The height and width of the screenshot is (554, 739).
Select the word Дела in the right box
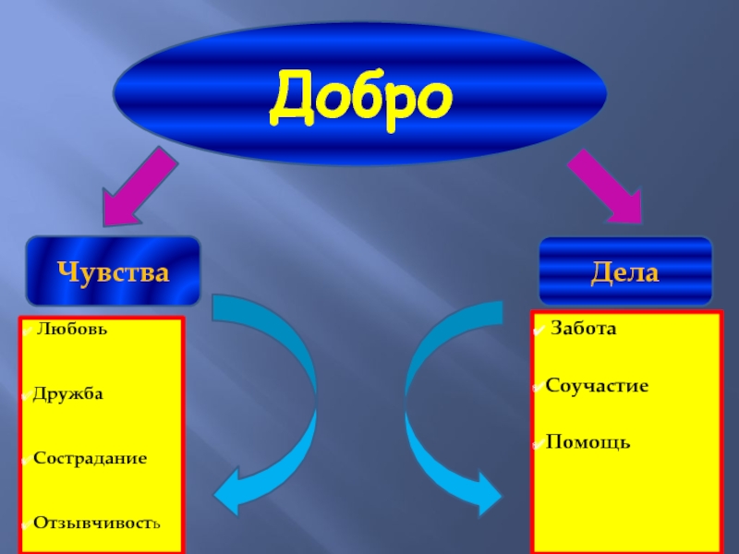click(625, 273)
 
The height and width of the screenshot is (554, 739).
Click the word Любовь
click(67, 329)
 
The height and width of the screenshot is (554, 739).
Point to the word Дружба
click(67, 394)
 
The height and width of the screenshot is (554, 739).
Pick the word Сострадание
click(90, 458)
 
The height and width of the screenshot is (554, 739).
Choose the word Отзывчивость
click(96, 523)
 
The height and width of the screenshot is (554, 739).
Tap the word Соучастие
click(597, 385)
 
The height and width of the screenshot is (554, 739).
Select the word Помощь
click(588, 442)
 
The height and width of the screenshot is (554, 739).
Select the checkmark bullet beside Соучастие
click(538, 386)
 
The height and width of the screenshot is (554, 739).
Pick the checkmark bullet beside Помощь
click(538, 443)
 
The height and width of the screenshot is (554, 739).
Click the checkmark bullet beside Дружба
click(25, 395)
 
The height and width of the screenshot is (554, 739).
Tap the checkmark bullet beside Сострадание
click(25, 459)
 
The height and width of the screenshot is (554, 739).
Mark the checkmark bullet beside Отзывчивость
click(25, 523)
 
